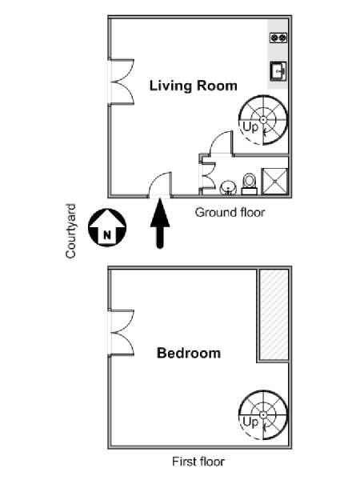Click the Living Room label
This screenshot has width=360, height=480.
(x=193, y=86)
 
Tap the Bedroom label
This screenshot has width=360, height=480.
(x=189, y=353)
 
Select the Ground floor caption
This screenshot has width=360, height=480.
(x=230, y=212)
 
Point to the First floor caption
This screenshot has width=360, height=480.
(x=198, y=462)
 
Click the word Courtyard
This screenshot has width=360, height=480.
(x=70, y=231)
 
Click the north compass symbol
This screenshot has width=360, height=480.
(x=107, y=227)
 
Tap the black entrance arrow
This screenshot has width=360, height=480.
(x=160, y=223)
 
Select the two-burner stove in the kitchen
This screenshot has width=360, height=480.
(x=278, y=38)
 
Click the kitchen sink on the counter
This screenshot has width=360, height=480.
(x=278, y=71)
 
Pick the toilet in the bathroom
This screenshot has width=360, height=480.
(x=249, y=184)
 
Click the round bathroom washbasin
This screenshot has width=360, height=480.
(x=228, y=187)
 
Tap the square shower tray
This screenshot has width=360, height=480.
(x=275, y=182)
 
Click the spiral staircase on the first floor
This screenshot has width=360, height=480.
(x=263, y=414)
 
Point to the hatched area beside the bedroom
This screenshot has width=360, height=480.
(x=274, y=314)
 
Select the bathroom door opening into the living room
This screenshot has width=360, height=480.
(x=221, y=143)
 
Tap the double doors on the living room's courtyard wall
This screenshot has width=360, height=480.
(x=122, y=82)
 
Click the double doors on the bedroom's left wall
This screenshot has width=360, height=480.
(x=122, y=333)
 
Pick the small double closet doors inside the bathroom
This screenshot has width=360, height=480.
(x=207, y=174)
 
